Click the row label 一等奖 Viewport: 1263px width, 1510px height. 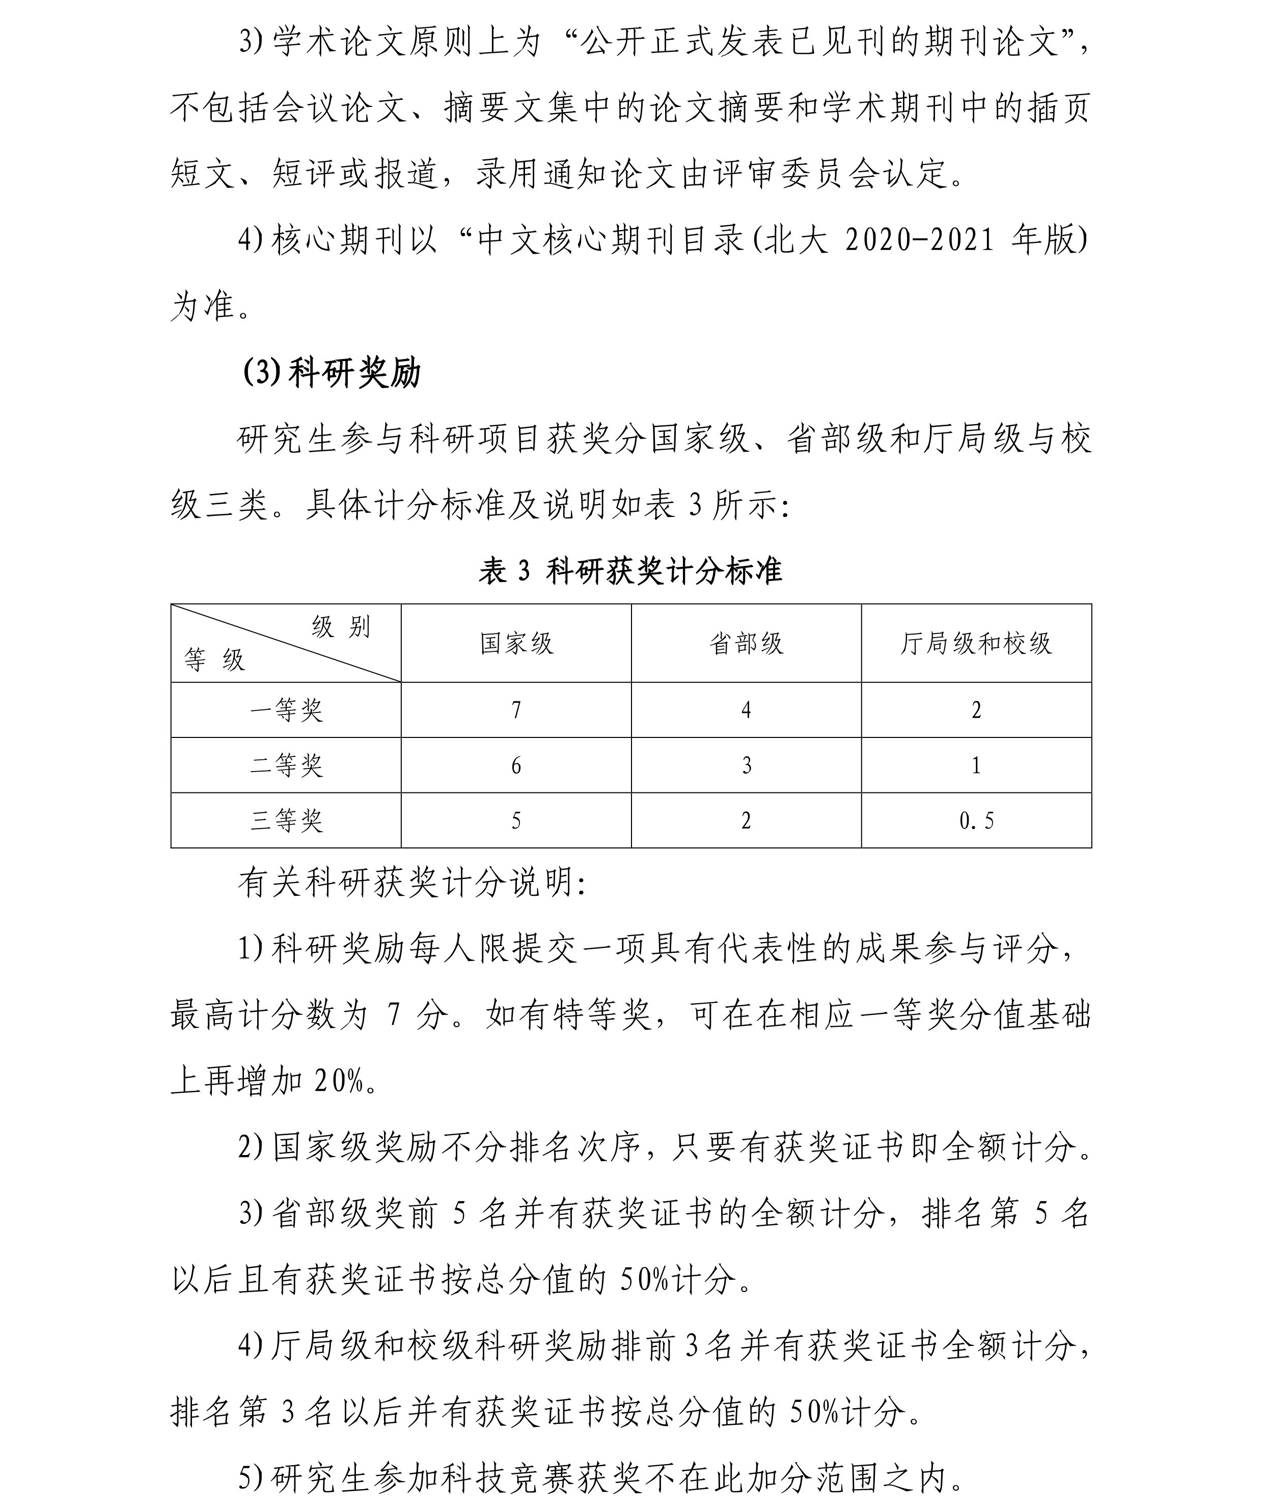(286, 710)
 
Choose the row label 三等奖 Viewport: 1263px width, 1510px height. (286, 820)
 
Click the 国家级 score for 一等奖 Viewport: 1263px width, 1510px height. (516, 710)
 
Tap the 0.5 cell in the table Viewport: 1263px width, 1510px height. (976, 820)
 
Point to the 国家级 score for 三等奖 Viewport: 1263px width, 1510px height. (516, 820)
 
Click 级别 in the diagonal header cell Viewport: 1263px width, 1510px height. (341, 627)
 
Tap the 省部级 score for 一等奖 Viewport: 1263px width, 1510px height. (746, 710)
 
